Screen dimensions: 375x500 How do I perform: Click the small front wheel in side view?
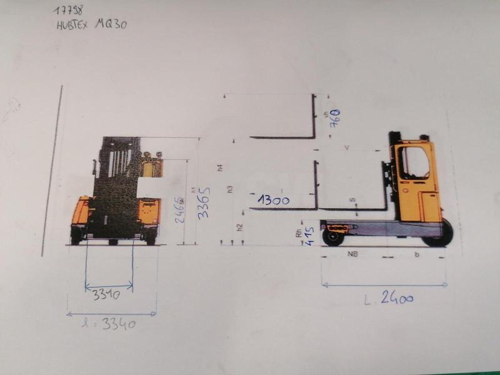click(x=332, y=237)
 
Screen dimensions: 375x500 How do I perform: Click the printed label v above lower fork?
click(x=347, y=147)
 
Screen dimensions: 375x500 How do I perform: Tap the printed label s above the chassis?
click(x=352, y=200)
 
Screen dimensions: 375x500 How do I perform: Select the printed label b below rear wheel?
click(x=416, y=255)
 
